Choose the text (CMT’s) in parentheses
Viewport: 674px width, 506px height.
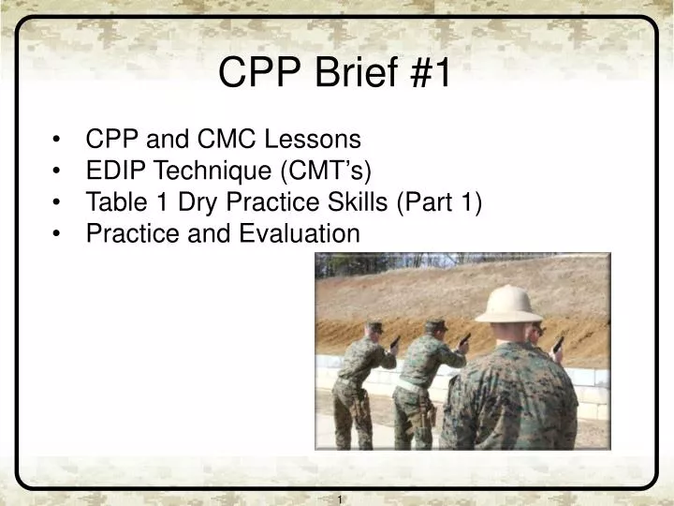(x=329, y=171)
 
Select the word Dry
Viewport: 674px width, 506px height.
(x=170, y=201)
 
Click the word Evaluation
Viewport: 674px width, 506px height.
(x=300, y=233)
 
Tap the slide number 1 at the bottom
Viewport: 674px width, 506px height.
(x=341, y=499)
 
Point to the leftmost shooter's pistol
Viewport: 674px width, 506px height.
(x=395, y=340)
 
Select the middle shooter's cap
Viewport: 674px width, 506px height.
(x=435, y=321)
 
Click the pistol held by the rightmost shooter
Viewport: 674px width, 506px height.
(x=559, y=343)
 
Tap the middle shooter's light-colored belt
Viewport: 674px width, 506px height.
(x=408, y=383)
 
